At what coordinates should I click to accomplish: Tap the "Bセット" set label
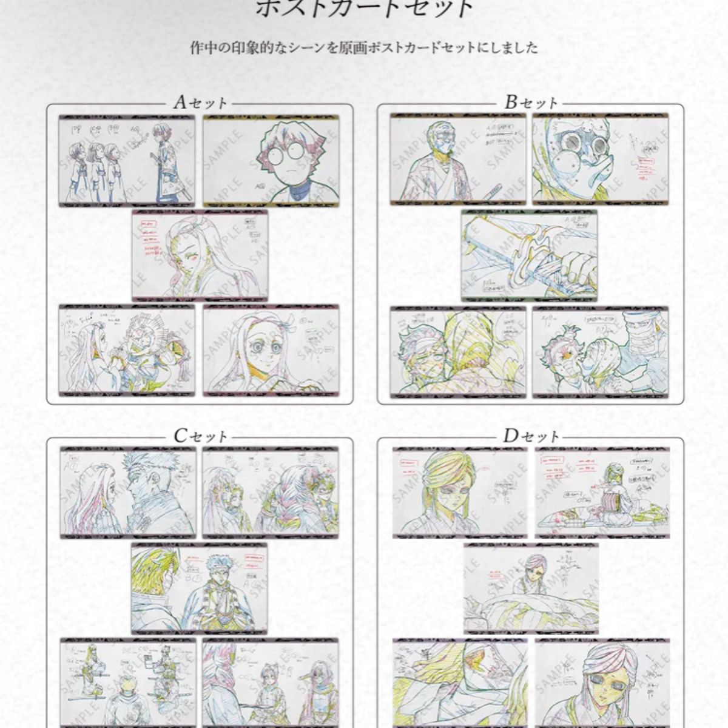[x=531, y=103]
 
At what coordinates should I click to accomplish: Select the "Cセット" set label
[x=200, y=436]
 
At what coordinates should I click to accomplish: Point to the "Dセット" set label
[x=531, y=436]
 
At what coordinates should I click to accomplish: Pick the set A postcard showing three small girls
[x=127, y=160]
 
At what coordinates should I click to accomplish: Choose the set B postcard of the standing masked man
[x=458, y=159]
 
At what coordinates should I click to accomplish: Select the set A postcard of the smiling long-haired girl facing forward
[x=271, y=351]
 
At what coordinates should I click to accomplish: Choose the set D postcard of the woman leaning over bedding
[x=531, y=588]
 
